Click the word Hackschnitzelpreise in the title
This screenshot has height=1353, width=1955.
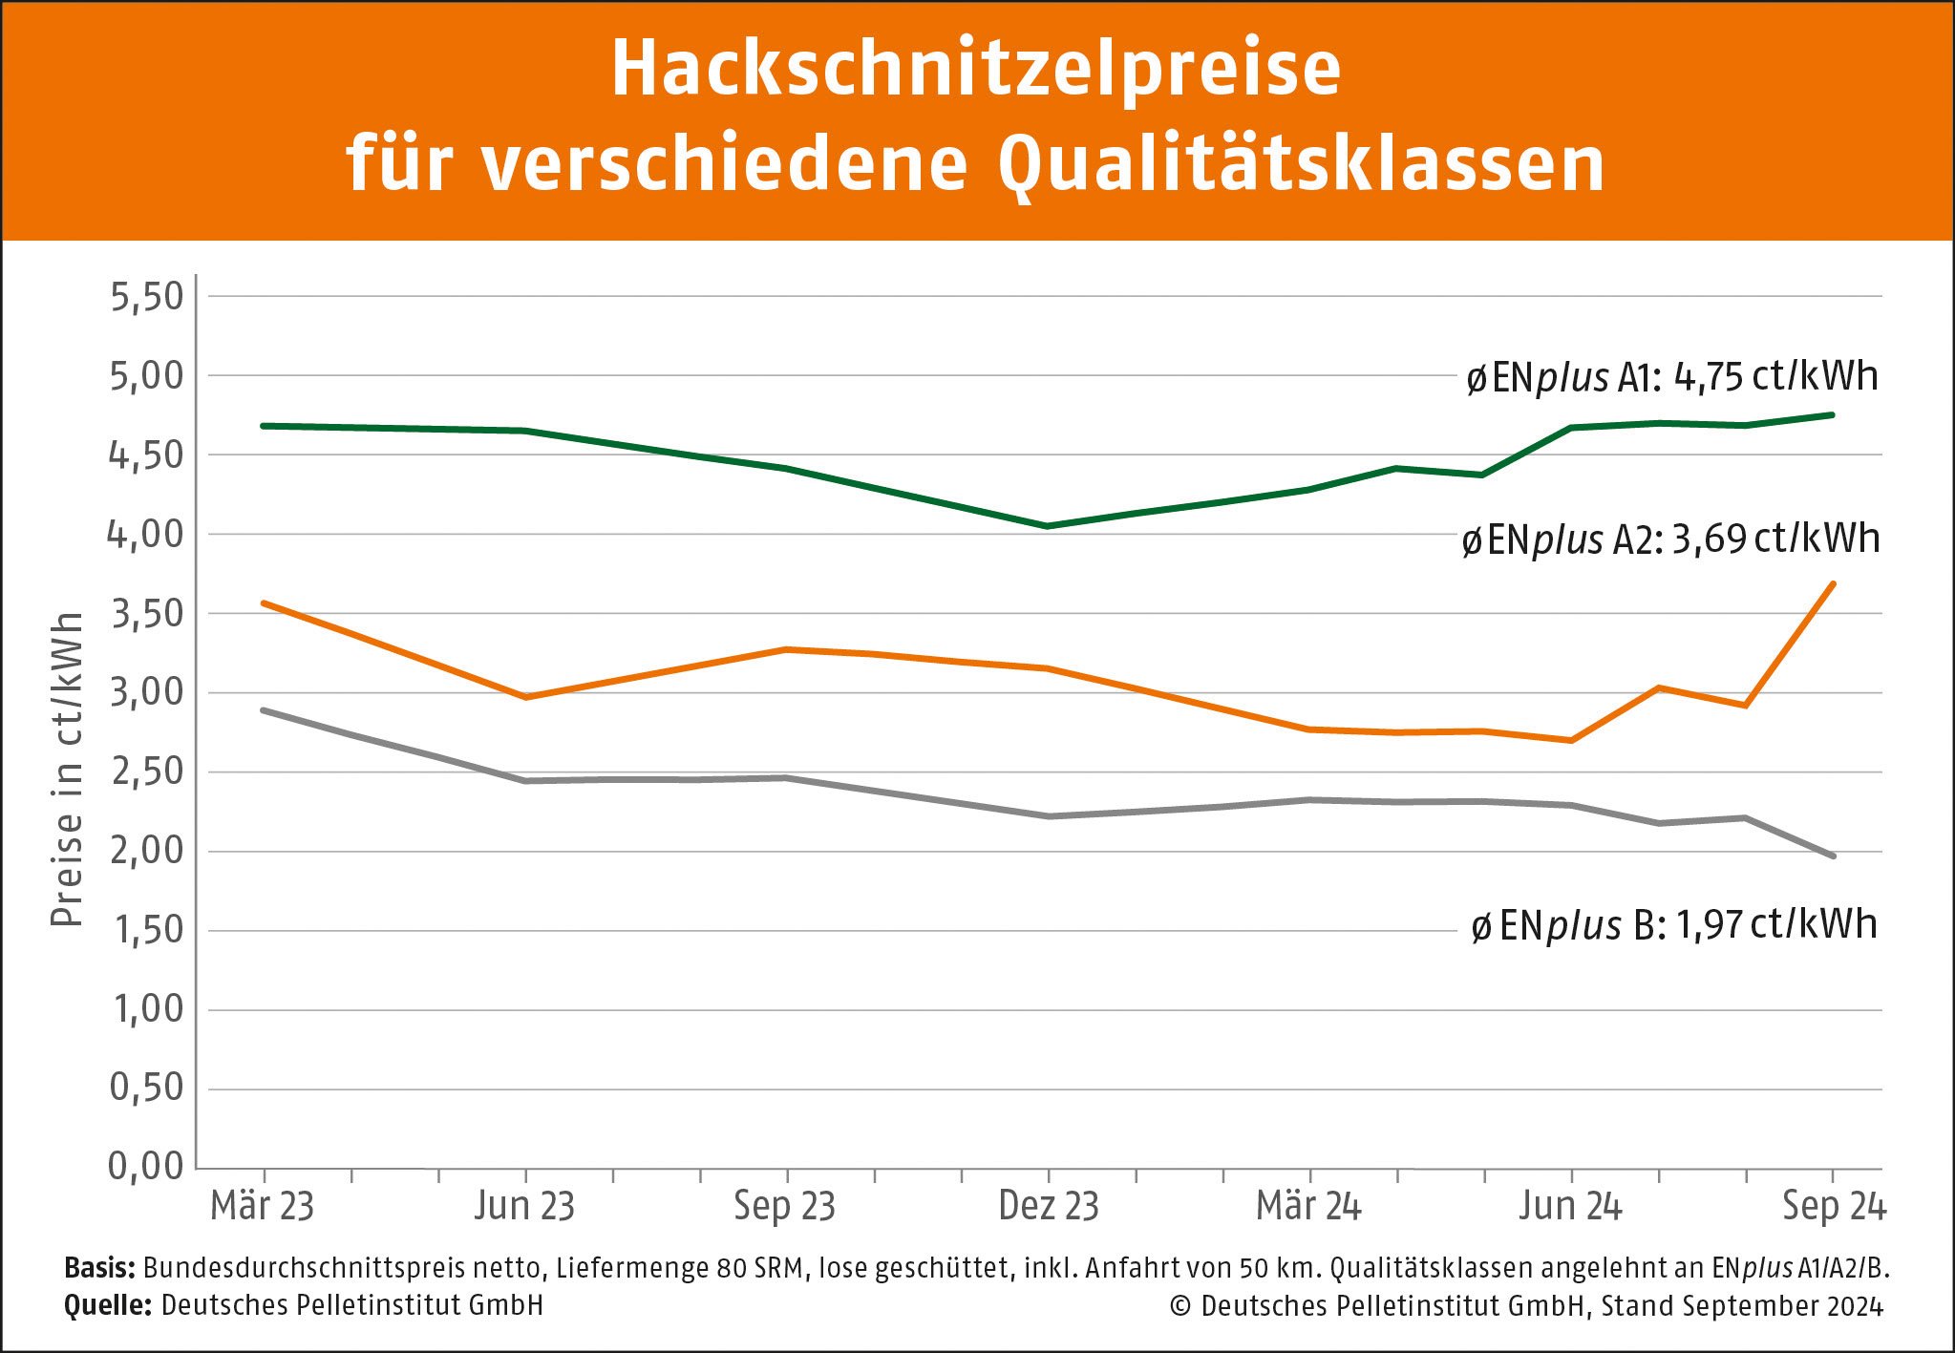pyautogui.click(x=976, y=69)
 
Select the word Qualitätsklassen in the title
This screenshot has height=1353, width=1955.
pyautogui.click(x=1301, y=165)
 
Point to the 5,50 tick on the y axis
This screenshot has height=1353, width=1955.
pyautogui.click(x=146, y=297)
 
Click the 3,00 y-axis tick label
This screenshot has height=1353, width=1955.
pyautogui.click(x=146, y=692)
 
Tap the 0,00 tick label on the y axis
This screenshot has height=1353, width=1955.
pyautogui.click(x=146, y=1166)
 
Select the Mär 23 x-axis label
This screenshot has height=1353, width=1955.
pyautogui.click(x=263, y=1206)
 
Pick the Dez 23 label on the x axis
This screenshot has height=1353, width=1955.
pyautogui.click(x=1049, y=1206)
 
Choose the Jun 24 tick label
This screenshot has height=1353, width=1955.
pyautogui.click(x=1571, y=1206)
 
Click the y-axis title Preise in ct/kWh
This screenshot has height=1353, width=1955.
pyautogui.click(x=67, y=770)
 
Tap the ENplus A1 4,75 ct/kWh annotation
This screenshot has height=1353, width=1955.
pyautogui.click(x=1672, y=377)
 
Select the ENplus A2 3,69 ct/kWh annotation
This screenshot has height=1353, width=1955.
pyautogui.click(x=1670, y=539)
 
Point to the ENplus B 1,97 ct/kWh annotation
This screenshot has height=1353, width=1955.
pyautogui.click(x=1673, y=924)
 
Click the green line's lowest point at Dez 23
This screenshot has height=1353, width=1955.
pyautogui.click(x=1049, y=526)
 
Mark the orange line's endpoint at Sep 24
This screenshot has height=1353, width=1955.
pyautogui.click(x=1833, y=583)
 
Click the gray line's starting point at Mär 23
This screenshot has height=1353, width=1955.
pyautogui.click(x=264, y=710)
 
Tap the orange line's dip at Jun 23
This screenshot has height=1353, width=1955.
pyautogui.click(x=525, y=697)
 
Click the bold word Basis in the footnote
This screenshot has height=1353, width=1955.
pyautogui.click(x=100, y=1268)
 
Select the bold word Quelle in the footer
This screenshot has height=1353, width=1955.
pyautogui.click(x=107, y=1305)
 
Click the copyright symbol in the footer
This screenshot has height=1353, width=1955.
pyautogui.click(x=1180, y=1305)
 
